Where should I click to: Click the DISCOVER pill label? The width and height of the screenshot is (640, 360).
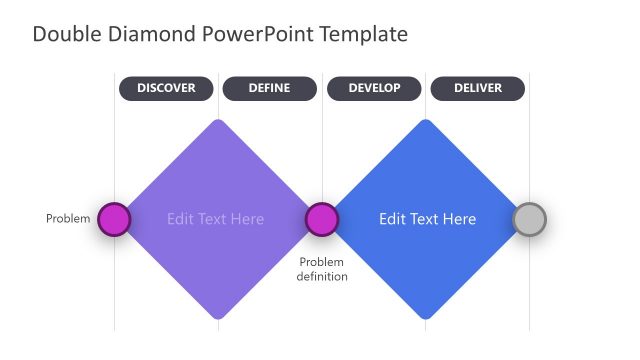166,88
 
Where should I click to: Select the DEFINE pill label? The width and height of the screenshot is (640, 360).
269,88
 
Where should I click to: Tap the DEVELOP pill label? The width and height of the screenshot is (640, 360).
374,88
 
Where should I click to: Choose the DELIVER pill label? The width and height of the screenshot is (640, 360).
477,88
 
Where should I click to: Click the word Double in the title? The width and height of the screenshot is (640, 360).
65,34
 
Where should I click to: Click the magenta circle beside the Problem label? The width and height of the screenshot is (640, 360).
114,219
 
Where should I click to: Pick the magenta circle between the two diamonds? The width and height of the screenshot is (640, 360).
321,219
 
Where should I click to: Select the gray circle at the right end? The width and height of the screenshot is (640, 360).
529,219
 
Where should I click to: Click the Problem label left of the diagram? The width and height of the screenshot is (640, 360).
68,219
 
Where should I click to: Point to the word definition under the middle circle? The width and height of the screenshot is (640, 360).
322,277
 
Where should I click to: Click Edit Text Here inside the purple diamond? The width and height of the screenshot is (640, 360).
216,219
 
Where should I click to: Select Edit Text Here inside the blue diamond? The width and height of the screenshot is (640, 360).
427,219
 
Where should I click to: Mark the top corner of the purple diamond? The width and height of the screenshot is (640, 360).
217,122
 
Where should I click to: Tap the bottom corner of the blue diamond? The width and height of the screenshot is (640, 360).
427,317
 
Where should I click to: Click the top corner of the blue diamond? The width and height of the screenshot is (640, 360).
427,122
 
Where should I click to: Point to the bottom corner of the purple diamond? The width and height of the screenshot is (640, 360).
217,317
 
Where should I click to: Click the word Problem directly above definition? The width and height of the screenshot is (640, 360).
322,262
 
